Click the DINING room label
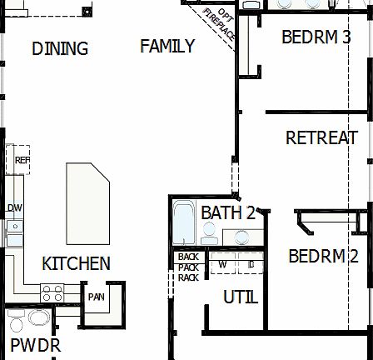[60, 49]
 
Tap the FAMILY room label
[167, 47]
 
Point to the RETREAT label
[321, 138]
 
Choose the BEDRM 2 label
[323, 256]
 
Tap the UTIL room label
[241, 297]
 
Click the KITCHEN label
[76, 264]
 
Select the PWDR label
[35, 345]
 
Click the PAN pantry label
[97, 296]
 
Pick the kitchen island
[87, 202]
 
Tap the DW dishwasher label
[14, 208]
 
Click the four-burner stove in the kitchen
[52, 293]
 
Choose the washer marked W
[222, 264]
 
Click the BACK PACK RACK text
[188, 267]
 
